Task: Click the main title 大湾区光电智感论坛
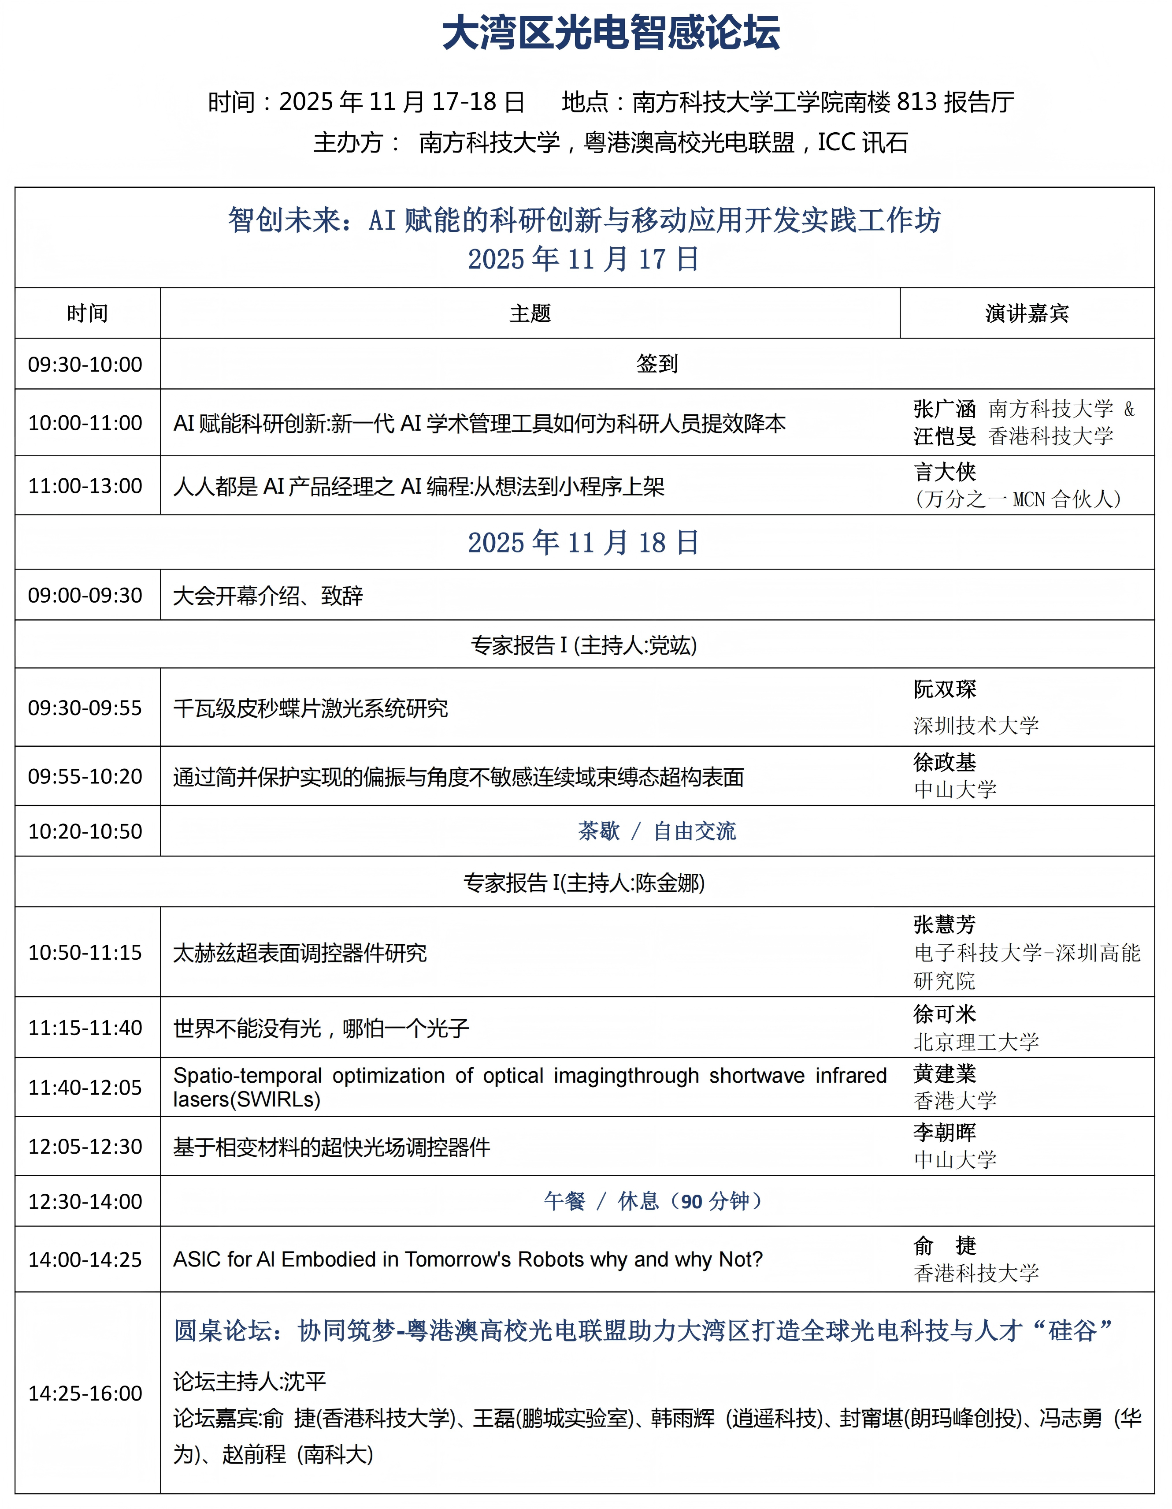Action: [611, 33]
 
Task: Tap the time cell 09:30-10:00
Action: [85, 364]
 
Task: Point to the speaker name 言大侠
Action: [944, 473]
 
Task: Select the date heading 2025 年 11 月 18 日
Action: [584, 542]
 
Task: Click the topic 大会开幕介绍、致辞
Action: [268, 596]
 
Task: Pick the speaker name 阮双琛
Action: [944, 689]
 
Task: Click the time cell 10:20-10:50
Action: [85, 831]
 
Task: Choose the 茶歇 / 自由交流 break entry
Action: [657, 831]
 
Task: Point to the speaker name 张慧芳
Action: [944, 924]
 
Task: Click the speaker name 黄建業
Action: [944, 1074]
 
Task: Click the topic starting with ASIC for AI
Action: [467, 1259]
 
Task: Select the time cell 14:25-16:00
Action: [85, 1393]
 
